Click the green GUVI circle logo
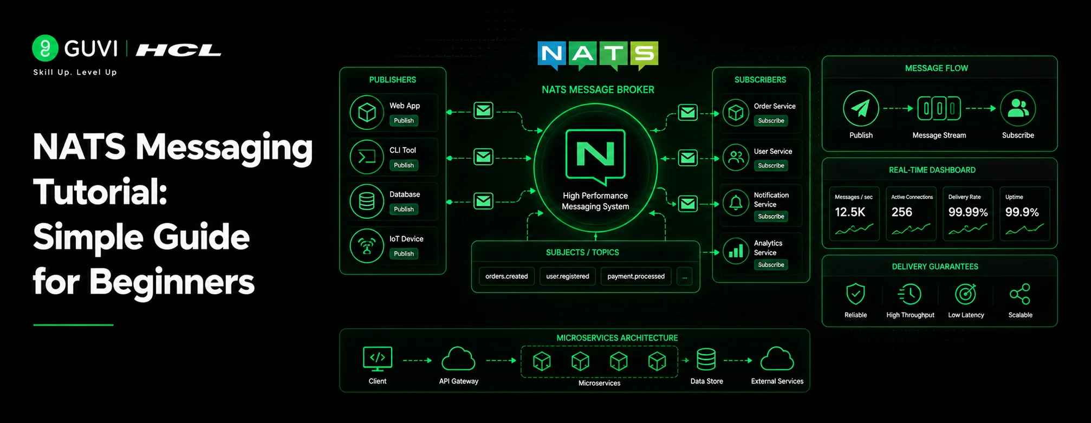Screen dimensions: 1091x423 tap(45, 48)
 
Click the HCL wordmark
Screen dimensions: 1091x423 tap(178, 50)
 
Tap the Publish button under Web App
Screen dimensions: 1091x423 tap(404, 121)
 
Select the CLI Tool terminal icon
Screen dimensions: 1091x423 tap(367, 157)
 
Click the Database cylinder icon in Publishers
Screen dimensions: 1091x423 tap(367, 201)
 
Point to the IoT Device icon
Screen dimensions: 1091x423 tap(367, 246)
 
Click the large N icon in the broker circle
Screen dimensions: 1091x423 tap(595, 156)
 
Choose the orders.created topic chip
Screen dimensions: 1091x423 tap(506, 276)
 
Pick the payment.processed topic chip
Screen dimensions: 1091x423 tap(636, 276)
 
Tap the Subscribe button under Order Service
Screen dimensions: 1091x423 tap(771, 121)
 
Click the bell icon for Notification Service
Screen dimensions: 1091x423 tap(736, 203)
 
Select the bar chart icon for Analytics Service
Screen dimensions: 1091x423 tap(736, 251)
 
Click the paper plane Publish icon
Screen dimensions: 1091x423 tap(861, 108)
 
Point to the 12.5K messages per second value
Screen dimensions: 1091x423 tap(850, 212)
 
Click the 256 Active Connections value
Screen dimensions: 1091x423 tap(902, 212)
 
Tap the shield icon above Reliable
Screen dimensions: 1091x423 tap(855, 294)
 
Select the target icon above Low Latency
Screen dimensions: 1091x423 tap(966, 294)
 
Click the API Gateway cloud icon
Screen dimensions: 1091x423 tap(458, 359)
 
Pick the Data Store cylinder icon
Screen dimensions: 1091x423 tap(706, 359)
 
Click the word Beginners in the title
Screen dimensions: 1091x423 tap(172, 282)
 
